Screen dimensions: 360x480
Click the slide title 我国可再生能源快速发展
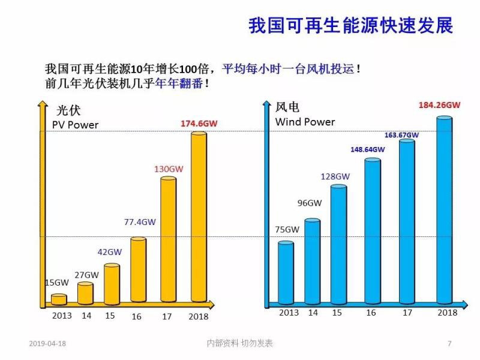click(x=350, y=26)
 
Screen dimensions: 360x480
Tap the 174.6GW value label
click(x=199, y=124)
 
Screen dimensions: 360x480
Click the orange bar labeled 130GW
click(x=169, y=239)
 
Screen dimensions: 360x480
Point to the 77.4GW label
click(x=140, y=221)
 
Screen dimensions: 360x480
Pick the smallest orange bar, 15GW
click(x=59, y=299)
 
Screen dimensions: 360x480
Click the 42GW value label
click(x=110, y=252)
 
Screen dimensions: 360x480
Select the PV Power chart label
click(x=76, y=125)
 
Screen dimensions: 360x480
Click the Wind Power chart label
click(x=305, y=122)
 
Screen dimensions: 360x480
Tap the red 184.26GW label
click(x=439, y=105)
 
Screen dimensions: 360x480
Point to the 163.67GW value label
click(x=401, y=135)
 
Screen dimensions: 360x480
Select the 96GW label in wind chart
click(x=310, y=203)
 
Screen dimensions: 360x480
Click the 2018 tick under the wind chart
click(x=447, y=313)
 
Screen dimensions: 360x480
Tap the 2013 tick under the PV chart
click(x=62, y=316)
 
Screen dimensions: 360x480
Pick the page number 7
click(x=449, y=344)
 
